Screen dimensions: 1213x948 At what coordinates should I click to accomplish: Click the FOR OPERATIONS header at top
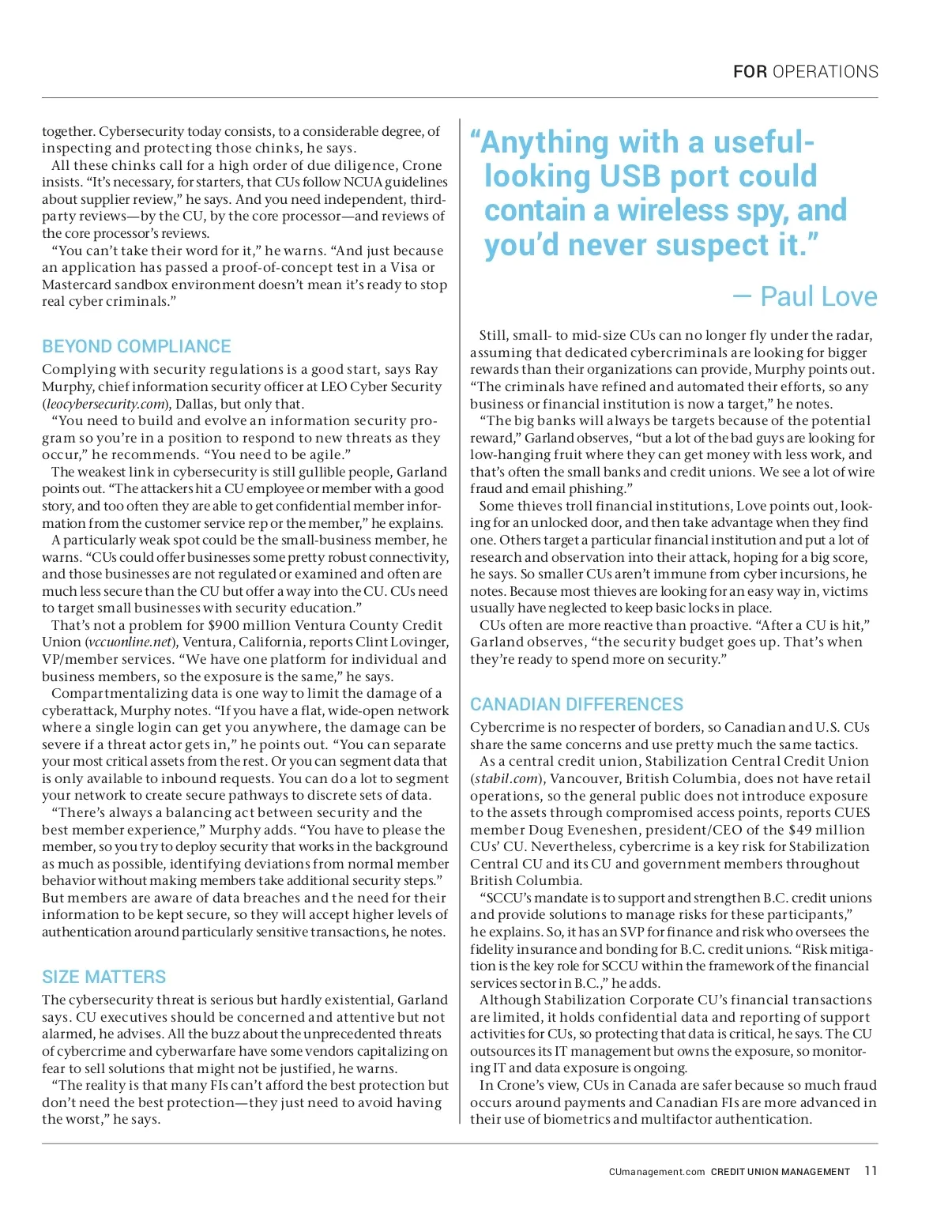pos(805,72)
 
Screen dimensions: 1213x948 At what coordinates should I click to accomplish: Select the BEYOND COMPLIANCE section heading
pos(136,346)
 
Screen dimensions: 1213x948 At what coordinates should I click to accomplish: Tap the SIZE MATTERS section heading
pos(103,977)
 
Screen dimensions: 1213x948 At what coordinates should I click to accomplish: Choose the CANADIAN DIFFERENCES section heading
pos(577,704)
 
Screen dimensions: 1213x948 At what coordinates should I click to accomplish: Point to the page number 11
pos(871,1171)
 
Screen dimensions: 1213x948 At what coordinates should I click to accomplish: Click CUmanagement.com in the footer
pos(656,1172)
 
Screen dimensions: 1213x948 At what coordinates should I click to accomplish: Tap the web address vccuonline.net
pos(130,642)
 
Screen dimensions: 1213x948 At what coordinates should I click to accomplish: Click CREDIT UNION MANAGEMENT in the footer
pos(780,1172)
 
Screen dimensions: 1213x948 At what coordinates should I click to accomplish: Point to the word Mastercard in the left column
pos(77,284)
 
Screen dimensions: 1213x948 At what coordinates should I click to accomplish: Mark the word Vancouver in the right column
pos(584,778)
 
